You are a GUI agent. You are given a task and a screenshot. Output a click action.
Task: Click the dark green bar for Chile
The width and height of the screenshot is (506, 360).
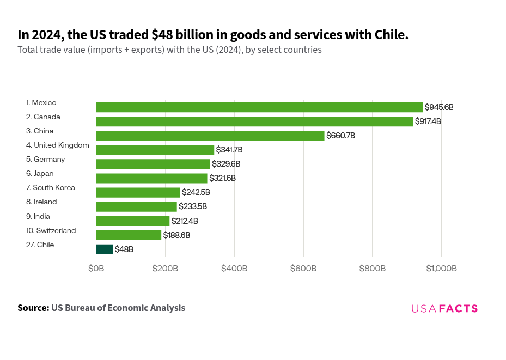105,249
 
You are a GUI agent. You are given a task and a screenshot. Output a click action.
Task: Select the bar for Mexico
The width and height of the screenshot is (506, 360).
259,107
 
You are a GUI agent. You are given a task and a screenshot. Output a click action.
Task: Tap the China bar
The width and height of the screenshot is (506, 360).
210,136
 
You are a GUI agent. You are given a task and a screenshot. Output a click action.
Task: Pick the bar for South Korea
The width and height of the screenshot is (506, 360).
138,192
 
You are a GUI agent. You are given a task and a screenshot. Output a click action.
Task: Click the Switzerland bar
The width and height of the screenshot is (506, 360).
129,235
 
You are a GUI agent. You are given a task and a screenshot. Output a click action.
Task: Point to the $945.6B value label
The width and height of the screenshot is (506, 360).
439,107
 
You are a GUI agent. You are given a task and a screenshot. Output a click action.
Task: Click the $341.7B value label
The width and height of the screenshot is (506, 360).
229,150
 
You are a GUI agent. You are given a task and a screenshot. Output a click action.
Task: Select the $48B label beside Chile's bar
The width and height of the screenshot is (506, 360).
124,249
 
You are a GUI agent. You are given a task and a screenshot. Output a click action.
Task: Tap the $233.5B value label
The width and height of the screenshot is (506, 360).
193,207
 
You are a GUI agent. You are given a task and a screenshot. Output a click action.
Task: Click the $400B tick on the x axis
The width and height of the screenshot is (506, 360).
234,269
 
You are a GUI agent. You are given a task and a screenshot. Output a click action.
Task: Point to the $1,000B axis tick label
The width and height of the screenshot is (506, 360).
441,269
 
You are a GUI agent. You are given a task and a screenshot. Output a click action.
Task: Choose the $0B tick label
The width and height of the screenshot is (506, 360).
96,269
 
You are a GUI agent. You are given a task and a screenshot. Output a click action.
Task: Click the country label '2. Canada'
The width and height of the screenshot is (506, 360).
43,117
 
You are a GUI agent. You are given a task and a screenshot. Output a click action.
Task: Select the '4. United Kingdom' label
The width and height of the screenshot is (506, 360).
57,145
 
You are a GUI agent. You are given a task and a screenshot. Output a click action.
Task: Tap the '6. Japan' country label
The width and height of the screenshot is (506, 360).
41,174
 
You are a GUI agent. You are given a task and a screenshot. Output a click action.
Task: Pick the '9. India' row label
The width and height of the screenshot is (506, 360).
38,216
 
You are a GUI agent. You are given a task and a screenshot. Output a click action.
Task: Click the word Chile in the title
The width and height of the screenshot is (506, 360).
389,35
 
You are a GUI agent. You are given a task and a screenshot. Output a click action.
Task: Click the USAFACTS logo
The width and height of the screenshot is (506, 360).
444,309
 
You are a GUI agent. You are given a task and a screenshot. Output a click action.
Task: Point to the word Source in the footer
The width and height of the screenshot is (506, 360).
33,308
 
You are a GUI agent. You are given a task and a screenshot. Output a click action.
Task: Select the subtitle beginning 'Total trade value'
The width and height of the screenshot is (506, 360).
169,50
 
